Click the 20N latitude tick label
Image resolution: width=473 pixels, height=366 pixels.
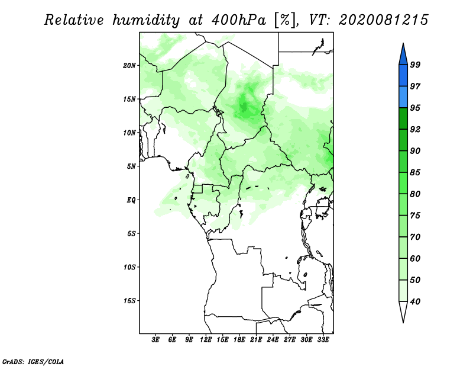coord(129,66)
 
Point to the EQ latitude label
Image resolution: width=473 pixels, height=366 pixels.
coord(131,200)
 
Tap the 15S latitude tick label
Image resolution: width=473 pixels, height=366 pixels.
coord(129,301)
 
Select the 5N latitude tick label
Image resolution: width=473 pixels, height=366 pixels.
coord(131,166)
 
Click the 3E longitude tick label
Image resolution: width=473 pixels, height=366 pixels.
coord(155,340)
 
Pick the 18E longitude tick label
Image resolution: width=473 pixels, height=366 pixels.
coord(239,340)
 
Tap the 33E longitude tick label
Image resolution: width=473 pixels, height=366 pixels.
coord(323,340)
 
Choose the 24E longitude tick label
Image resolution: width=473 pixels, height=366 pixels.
coord(273,340)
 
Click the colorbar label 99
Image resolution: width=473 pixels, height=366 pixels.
coord(415,65)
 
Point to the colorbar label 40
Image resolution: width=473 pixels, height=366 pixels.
coord(415,301)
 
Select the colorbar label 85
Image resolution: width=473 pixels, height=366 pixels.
coord(415,172)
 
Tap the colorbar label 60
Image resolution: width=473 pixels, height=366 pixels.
coord(415,259)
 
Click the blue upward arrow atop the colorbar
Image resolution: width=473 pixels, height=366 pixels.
coord(403,54)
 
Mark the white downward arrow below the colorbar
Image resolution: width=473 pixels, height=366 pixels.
coord(403,312)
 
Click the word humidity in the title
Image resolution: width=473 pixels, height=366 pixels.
coord(146,20)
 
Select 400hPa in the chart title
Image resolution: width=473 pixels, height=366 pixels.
coord(239,20)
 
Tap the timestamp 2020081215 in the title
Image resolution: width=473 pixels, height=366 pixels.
coord(383,20)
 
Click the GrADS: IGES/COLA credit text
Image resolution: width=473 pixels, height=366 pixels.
coord(33,362)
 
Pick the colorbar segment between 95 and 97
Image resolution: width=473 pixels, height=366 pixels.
coord(403,97)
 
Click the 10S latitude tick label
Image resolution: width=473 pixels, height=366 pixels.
coord(129,267)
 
